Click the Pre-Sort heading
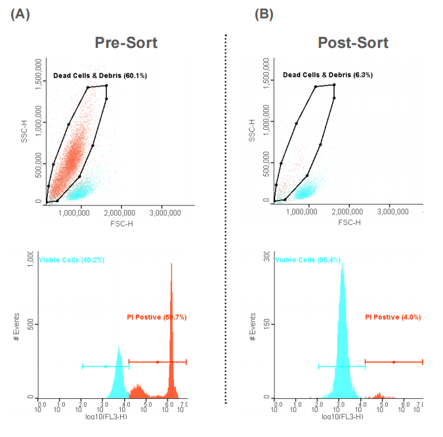125,43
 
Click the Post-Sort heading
353,43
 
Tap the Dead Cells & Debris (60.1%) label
100,76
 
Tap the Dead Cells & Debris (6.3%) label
327,75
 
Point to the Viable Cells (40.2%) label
72,260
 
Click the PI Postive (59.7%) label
157,317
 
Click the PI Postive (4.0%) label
392,317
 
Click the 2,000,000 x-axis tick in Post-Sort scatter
348,213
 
